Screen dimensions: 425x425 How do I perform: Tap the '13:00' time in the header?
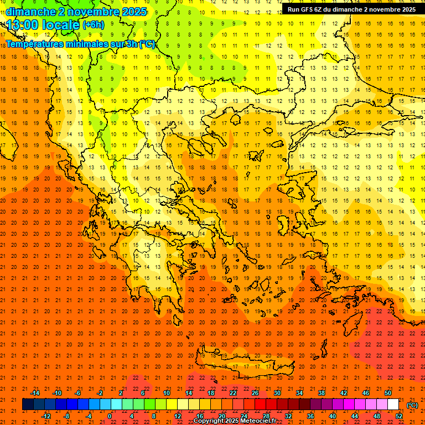[x=23, y=24]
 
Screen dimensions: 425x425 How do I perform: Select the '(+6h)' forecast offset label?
[x=93, y=25]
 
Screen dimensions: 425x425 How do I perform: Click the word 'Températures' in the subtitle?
[x=34, y=44]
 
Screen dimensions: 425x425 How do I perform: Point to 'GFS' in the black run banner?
[x=311, y=9]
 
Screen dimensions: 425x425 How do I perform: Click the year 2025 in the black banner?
[x=407, y=9]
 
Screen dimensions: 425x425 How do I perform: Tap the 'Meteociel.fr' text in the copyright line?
[x=258, y=421]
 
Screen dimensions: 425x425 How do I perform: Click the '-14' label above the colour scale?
[x=34, y=393]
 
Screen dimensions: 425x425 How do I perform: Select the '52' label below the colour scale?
[x=399, y=416]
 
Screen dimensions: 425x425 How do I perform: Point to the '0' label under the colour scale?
[x=110, y=416]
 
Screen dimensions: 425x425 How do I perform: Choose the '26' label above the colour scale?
[x=255, y=393]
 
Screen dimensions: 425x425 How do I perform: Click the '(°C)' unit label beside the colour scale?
[x=412, y=405]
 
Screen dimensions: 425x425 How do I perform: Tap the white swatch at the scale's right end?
[x=393, y=405]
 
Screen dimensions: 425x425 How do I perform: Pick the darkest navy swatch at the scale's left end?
[x=28, y=405]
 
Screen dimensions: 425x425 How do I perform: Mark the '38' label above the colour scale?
[x=321, y=393]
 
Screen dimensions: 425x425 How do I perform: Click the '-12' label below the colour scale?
[x=45, y=416]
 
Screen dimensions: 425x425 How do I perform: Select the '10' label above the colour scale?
[x=166, y=393]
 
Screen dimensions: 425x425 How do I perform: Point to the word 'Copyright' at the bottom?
[x=209, y=421]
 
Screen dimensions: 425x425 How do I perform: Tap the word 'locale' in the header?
[x=61, y=25]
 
